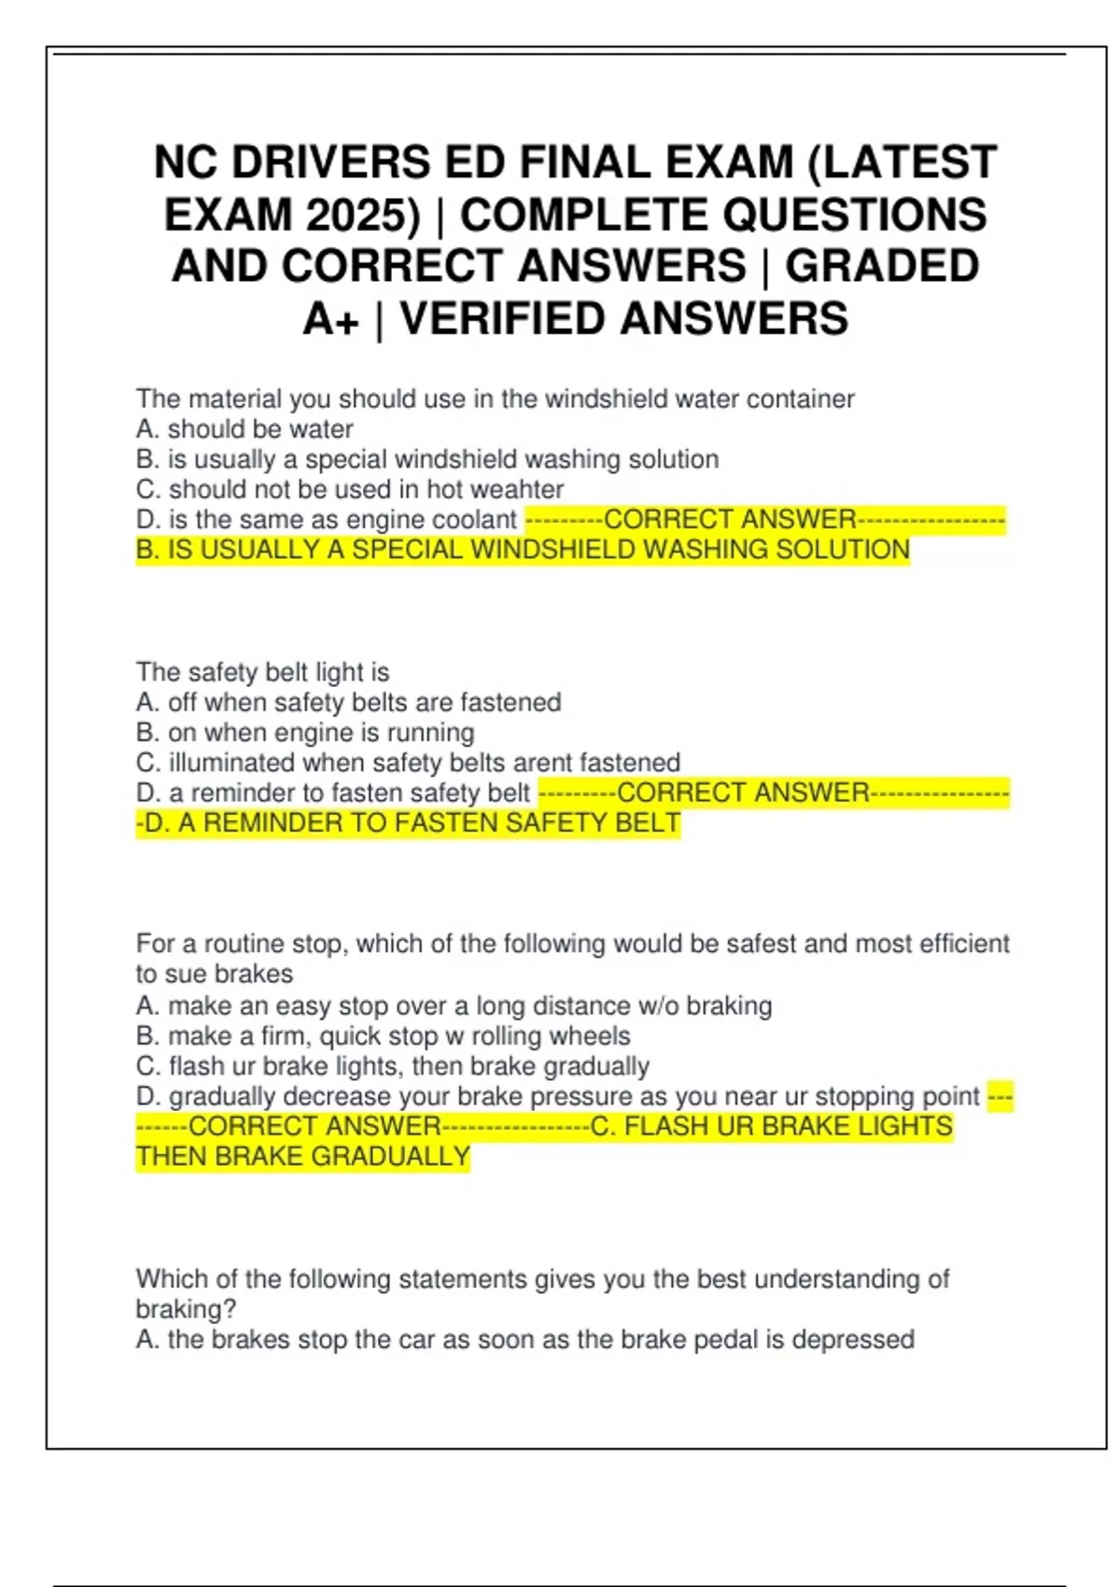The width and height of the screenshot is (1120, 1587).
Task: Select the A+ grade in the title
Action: [330, 319]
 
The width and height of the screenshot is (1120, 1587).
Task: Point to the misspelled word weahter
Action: [518, 489]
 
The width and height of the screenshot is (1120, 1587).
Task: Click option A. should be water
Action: [245, 429]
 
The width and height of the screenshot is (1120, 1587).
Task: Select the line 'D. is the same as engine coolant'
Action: [326, 520]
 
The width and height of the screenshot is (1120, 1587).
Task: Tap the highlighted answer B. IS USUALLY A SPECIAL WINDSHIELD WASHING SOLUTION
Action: [523, 550]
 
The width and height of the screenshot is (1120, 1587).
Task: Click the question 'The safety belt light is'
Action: [262, 672]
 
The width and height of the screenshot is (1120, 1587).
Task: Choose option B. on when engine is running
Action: [305, 733]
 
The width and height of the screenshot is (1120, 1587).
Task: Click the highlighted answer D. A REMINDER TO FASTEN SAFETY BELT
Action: [411, 823]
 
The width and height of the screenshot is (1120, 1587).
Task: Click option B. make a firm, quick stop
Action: [383, 1036]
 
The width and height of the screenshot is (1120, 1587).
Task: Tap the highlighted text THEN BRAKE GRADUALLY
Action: [302, 1157]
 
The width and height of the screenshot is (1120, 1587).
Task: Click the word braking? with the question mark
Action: [186, 1309]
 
